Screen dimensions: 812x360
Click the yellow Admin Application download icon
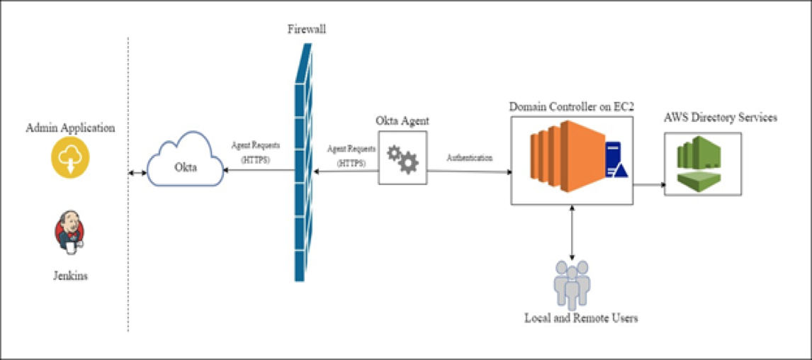(x=70, y=157)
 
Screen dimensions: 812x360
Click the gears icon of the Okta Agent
(x=403, y=157)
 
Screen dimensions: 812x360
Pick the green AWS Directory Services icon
(x=700, y=161)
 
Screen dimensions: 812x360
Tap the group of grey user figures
(x=572, y=284)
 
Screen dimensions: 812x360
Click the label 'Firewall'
(x=307, y=28)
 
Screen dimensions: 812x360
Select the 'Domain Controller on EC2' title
(x=572, y=107)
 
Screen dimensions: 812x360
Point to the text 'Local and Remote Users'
(x=580, y=318)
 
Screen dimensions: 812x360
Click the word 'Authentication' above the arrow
(x=470, y=157)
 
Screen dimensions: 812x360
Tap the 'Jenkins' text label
(x=70, y=276)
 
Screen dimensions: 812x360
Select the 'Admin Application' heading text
(x=70, y=128)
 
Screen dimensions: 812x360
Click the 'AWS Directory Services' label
(x=720, y=118)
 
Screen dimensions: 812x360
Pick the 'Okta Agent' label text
(x=402, y=121)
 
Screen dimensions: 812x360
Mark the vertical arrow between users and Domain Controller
(x=572, y=232)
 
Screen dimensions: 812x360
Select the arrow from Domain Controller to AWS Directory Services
(x=648, y=184)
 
